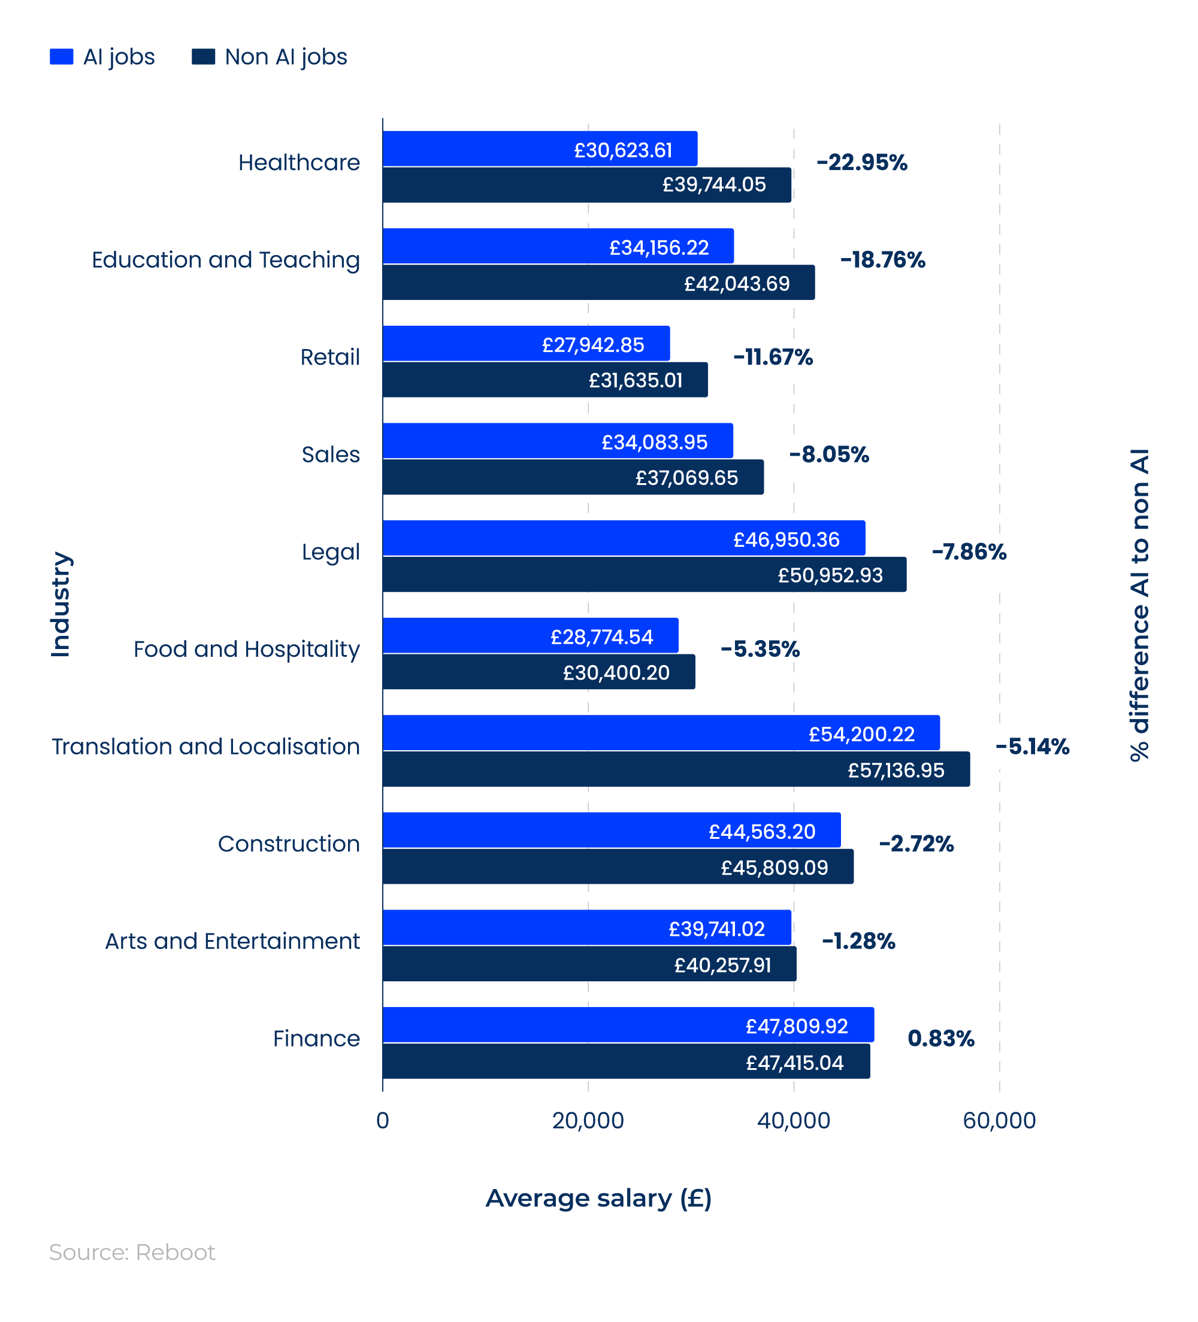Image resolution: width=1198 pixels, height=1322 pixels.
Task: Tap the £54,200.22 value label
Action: [861, 734]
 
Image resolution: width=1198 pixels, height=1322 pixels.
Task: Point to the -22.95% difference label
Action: [861, 162]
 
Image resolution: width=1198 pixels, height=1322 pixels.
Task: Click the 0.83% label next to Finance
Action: [940, 1038]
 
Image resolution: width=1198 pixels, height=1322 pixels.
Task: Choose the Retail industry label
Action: [329, 357]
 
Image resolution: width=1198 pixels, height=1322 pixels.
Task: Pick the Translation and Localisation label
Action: [205, 746]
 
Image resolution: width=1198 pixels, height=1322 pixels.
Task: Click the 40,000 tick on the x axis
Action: [793, 1120]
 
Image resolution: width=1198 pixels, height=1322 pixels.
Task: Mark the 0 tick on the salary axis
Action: [383, 1120]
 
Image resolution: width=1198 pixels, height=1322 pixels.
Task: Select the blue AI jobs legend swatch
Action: [61, 56]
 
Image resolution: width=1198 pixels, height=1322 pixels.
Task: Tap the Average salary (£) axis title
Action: [598, 1198]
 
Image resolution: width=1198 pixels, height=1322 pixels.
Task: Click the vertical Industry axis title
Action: [60, 604]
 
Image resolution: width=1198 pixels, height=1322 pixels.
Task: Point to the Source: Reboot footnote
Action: [132, 1252]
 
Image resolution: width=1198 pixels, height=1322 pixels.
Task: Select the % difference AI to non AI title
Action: [1140, 604]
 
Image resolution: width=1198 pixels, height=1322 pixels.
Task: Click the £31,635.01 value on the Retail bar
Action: [635, 380]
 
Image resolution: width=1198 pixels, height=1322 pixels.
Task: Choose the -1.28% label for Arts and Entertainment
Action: [858, 941]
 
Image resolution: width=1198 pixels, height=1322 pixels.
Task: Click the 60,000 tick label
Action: [999, 1120]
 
